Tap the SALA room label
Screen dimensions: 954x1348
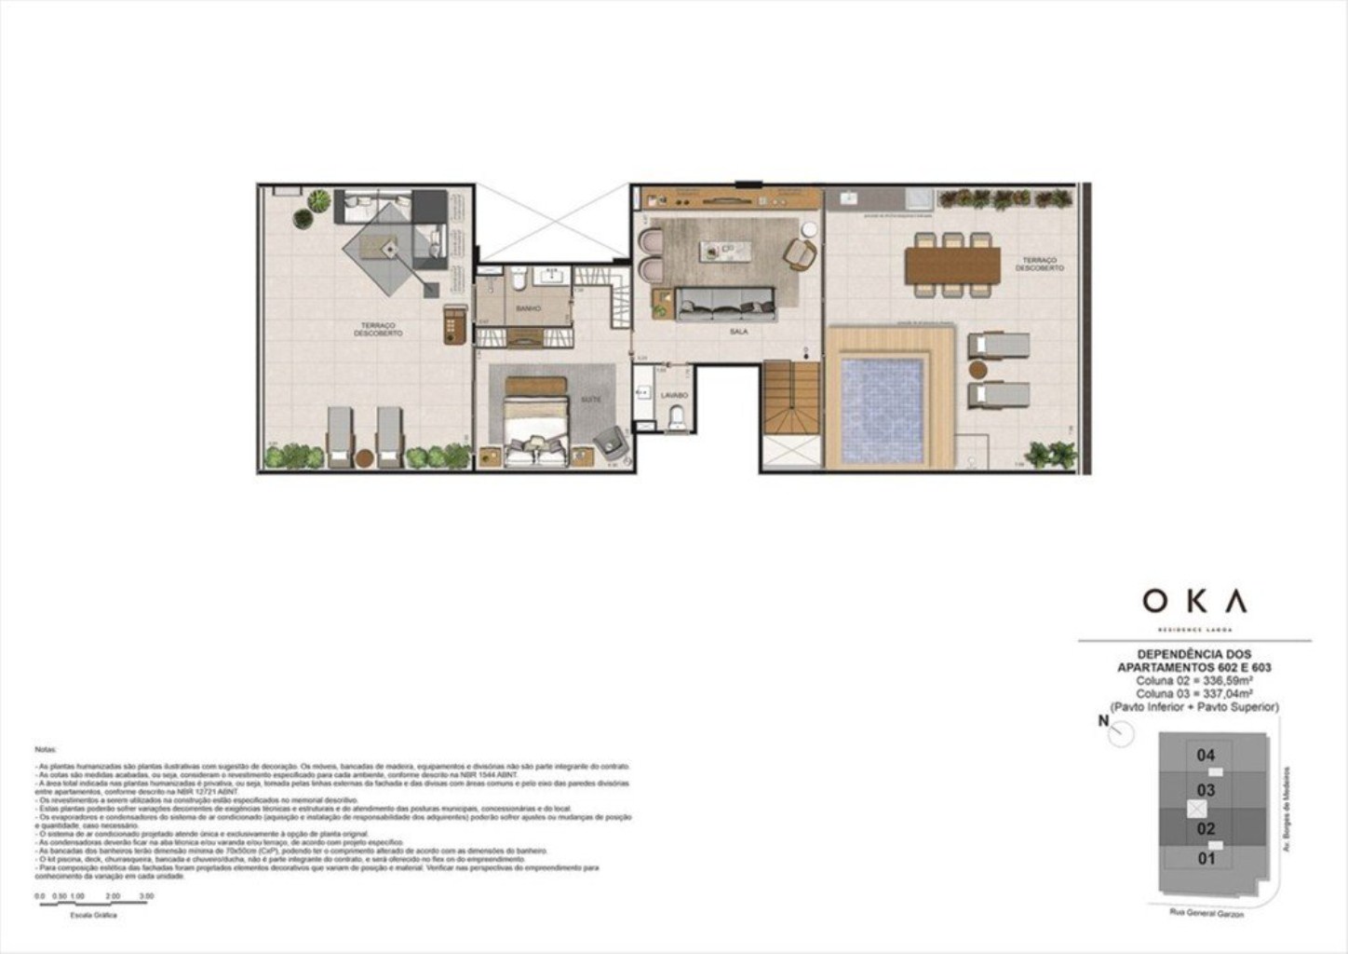pyautogui.click(x=738, y=331)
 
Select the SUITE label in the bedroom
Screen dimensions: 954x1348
pyautogui.click(x=590, y=399)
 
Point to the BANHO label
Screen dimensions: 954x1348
pyautogui.click(x=528, y=307)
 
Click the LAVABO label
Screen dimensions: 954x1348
pyautogui.click(x=674, y=395)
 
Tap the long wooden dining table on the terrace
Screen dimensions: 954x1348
pyautogui.click(x=952, y=265)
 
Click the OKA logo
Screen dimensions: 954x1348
pyautogui.click(x=1194, y=601)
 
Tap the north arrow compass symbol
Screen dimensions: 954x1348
pyautogui.click(x=1120, y=734)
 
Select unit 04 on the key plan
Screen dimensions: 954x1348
pyautogui.click(x=1206, y=755)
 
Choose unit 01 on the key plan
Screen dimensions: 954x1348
pyautogui.click(x=1206, y=858)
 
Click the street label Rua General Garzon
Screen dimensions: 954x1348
pyautogui.click(x=1206, y=913)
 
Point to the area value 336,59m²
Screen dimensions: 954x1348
pyautogui.click(x=1194, y=680)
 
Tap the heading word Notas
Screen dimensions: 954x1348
pyautogui.click(x=46, y=749)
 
